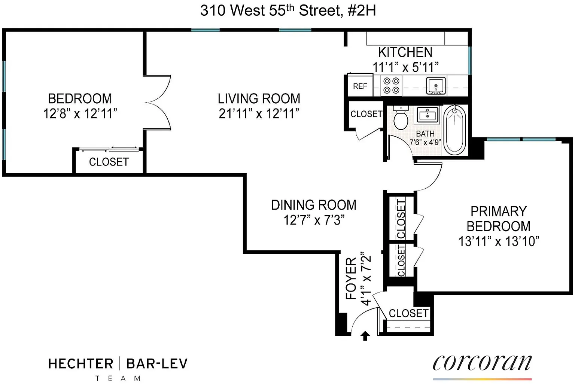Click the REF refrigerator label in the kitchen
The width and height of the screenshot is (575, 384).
(360, 86)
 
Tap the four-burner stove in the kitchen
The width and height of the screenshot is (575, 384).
(391, 86)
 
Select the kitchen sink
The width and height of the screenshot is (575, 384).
(436, 86)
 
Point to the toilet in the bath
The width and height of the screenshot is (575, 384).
(401, 118)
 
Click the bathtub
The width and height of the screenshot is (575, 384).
(454, 130)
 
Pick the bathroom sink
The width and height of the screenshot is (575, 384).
(428, 115)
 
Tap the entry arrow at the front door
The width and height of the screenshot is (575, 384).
(365, 336)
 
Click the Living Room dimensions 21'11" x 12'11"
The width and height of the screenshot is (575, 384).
(259, 113)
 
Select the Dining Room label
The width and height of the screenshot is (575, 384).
(314, 205)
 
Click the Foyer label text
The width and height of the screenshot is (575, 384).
(351, 278)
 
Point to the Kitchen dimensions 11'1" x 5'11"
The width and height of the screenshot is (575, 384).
(405, 67)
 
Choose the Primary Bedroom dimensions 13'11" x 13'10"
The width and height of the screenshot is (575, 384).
(499, 241)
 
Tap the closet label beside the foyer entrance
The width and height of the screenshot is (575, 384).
(409, 313)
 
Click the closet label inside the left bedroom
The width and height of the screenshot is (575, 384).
(109, 162)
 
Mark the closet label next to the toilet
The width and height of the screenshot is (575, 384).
(366, 114)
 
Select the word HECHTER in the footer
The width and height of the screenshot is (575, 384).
(81, 364)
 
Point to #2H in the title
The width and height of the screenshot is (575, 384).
(362, 11)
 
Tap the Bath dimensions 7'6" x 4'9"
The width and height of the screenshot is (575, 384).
(425, 142)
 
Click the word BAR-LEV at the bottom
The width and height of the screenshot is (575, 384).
(157, 364)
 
